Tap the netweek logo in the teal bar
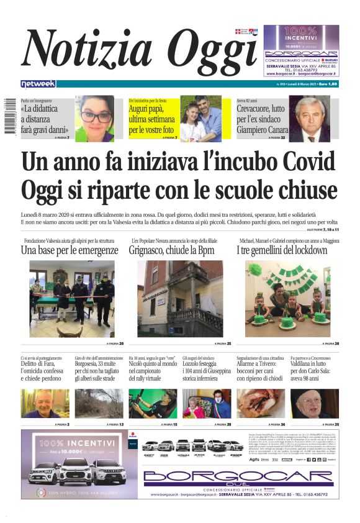[38, 84]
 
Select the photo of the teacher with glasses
[95, 118]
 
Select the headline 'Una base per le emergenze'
[69, 250]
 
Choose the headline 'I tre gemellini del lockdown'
[281, 250]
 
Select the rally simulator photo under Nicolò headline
[153, 403]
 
